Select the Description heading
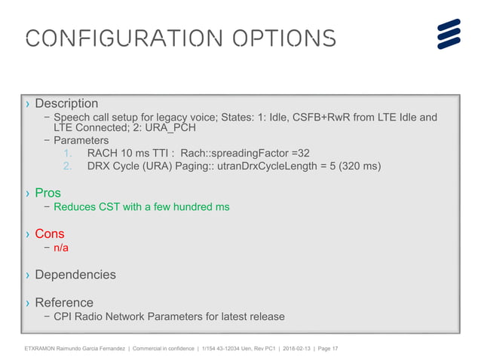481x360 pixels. tap(66, 103)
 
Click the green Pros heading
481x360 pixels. tap(48, 193)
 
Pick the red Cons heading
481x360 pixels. tap(50, 233)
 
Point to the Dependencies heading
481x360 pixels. tap(75, 274)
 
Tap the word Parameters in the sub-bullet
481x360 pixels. tap(81, 140)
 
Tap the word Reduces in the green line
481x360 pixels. tap(75, 207)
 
